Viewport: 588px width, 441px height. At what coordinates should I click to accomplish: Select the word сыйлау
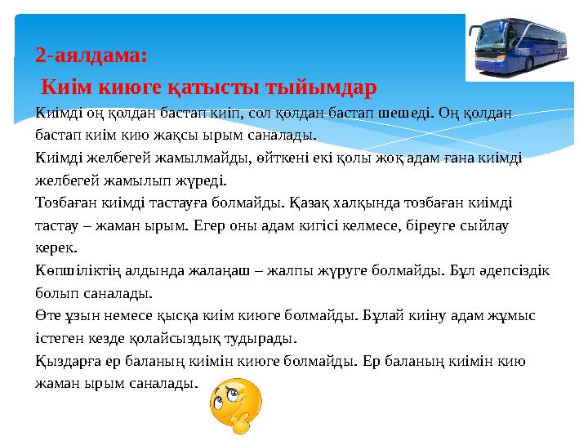[x=485, y=225]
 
